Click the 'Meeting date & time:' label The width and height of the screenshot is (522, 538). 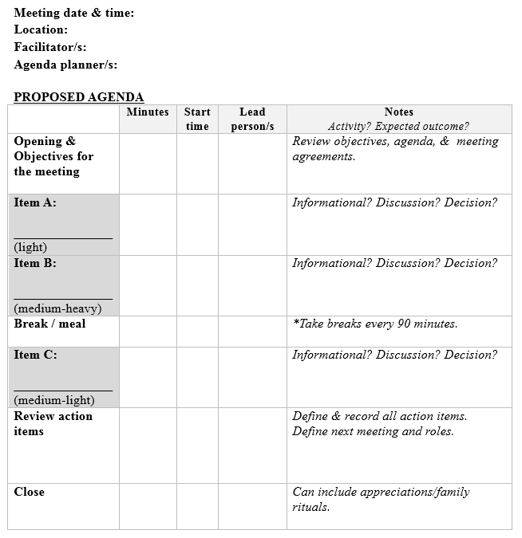coord(74,13)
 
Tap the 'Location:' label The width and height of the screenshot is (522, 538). coord(41,29)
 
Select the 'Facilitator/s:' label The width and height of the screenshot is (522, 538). coord(50,47)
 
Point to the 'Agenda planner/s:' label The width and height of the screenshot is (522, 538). coord(65,65)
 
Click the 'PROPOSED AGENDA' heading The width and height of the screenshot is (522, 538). coord(79,97)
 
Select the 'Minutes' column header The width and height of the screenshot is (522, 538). coord(148,112)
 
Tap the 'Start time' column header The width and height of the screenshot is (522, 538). coord(197,119)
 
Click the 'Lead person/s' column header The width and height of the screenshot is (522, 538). coord(252,119)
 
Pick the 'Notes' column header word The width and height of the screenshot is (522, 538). coord(399,112)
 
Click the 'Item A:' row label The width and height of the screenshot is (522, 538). coord(35,202)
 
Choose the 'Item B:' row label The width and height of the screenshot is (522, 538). coord(35,263)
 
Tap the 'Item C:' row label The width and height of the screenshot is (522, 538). coord(35,355)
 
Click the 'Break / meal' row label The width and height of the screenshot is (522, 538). coord(49,324)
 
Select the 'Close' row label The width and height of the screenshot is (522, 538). coord(30,492)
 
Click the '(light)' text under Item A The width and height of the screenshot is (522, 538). coord(30,247)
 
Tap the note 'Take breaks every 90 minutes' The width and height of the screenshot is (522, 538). coord(375,324)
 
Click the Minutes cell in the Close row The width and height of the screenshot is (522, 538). coord(148,506)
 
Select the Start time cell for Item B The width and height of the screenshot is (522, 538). coord(197,285)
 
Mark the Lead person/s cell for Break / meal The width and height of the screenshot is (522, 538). coord(252,331)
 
